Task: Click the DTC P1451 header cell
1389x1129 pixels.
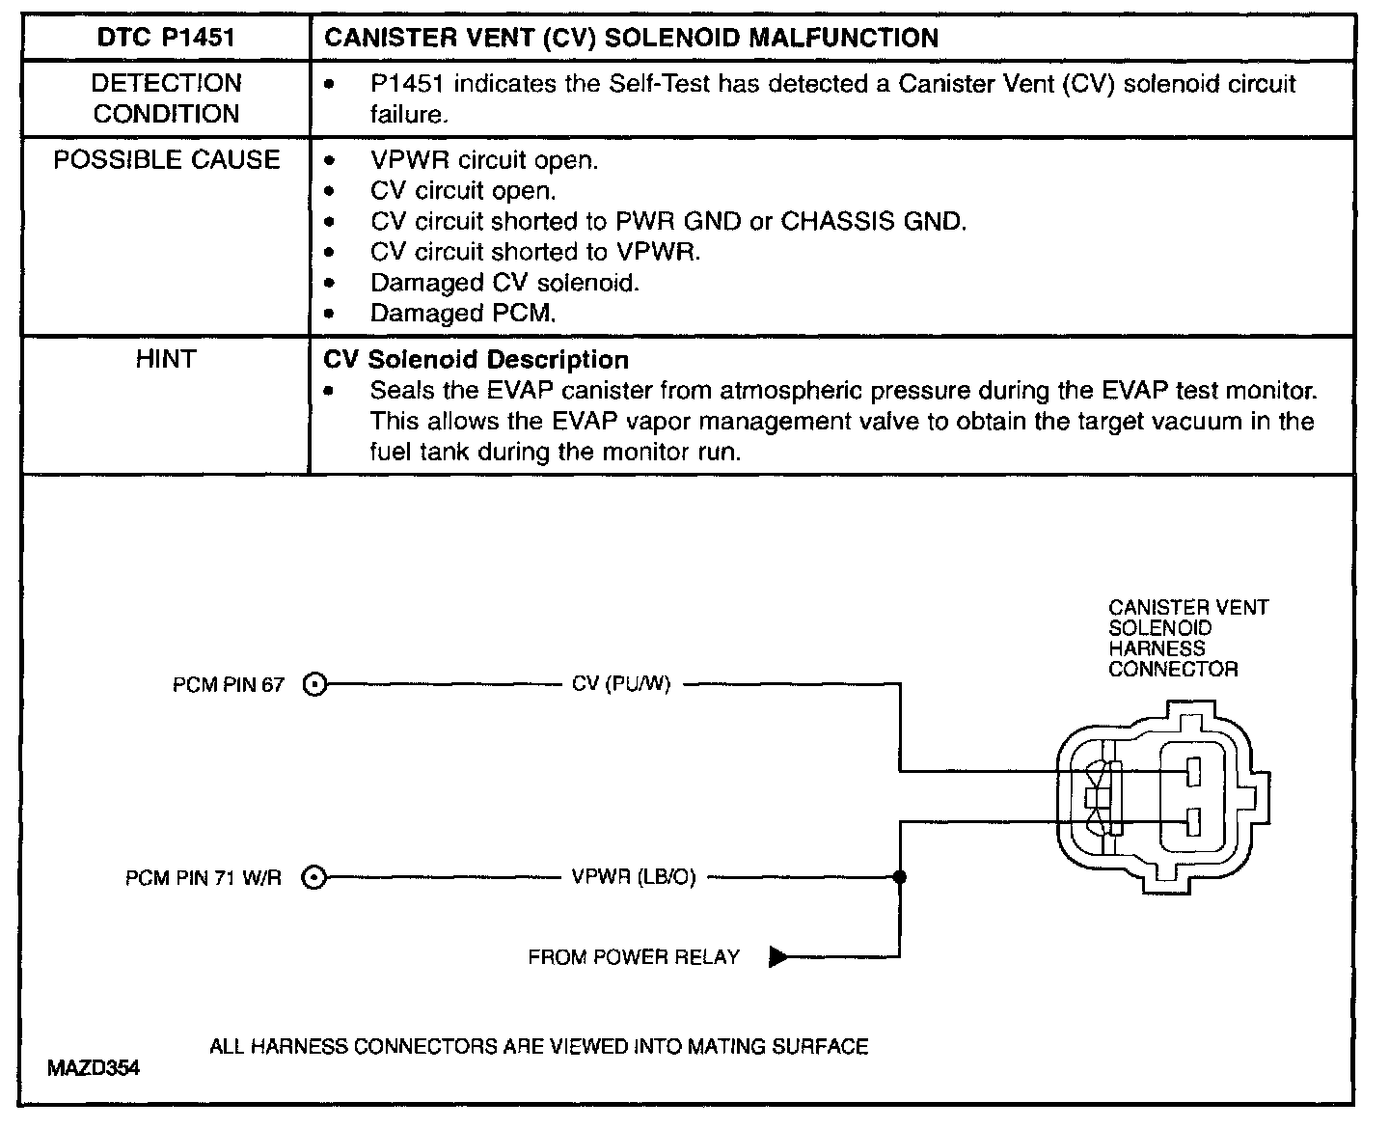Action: (x=166, y=39)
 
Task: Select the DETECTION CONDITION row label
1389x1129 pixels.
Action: (x=166, y=98)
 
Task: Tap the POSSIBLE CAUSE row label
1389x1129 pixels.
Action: (x=166, y=160)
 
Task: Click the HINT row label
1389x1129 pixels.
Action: (x=166, y=360)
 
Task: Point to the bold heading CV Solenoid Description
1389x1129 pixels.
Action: (x=477, y=360)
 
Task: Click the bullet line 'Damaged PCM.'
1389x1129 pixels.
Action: (x=463, y=314)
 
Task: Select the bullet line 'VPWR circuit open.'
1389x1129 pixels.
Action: (x=484, y=160)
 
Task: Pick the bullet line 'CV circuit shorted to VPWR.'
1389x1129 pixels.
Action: (x=535, y=252)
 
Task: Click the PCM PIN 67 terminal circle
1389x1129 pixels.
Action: (x=314, y=685)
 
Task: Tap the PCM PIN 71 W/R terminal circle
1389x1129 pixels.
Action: (x=314, y=878)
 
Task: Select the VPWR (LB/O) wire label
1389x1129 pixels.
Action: (x=634, y=878)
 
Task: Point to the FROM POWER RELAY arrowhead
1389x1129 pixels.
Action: (x=778, y=957)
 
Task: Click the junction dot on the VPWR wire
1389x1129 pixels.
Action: (x=900, y=878)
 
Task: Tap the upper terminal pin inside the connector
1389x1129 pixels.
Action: (x=1193, y=772)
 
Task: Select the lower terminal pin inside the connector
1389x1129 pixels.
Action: (x=1193, y=822)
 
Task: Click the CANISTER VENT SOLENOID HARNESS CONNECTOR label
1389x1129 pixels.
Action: (x=1187, y=638)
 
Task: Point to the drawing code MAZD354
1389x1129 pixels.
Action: (x=93, y=1068)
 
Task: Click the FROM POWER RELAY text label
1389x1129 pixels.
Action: (x=634, y=957)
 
